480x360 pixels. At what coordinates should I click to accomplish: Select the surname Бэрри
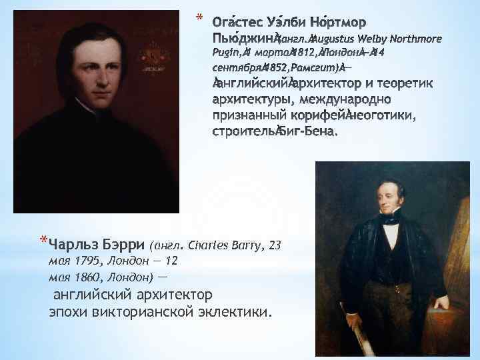tap(126, 245)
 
